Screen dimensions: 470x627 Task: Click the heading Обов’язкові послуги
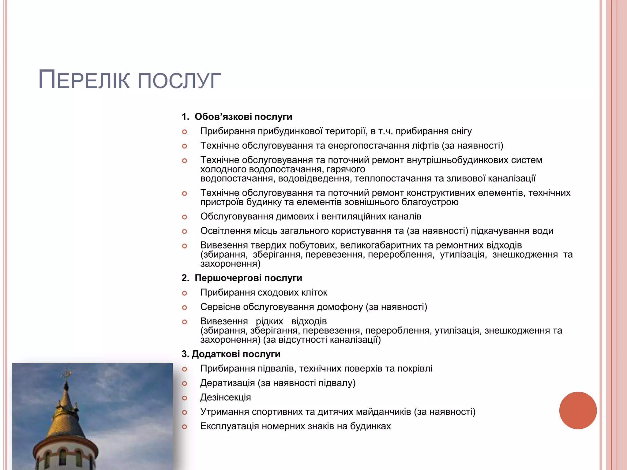click(243, 117)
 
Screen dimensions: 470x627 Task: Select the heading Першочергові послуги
click(248, 278)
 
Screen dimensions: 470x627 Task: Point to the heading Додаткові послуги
click(236, 354)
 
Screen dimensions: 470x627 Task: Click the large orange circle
click(578, 410)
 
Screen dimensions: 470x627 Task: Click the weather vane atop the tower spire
click(66, 374)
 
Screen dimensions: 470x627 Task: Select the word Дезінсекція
click(225, 397)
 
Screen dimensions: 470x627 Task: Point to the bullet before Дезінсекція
click(184, 398)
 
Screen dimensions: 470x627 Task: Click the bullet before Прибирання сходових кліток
click(184, 293)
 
